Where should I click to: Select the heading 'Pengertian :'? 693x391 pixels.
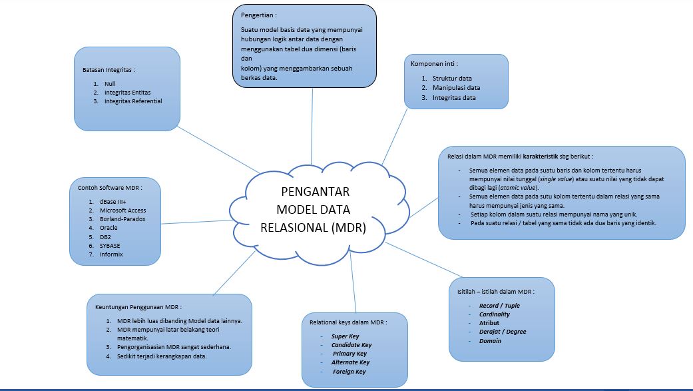[259, 15]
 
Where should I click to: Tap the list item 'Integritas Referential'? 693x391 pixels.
[133, 101]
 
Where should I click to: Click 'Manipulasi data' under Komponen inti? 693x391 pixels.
[456, 88]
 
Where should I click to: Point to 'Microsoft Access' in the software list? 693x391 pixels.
[122, 210]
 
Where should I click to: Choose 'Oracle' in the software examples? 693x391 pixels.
[109, 228]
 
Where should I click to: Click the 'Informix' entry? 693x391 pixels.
[112, 254]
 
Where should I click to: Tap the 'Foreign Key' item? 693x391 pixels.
[349, 372]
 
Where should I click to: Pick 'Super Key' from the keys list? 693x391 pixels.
[345, 336]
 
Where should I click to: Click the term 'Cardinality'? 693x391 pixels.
[495, 314]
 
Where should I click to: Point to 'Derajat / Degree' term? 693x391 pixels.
[503, 332]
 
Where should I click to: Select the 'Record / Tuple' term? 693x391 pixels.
[499, 306]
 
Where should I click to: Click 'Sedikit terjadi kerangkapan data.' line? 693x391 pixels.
[162, 356]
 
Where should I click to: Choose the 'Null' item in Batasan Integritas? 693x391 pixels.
[111, 84]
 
